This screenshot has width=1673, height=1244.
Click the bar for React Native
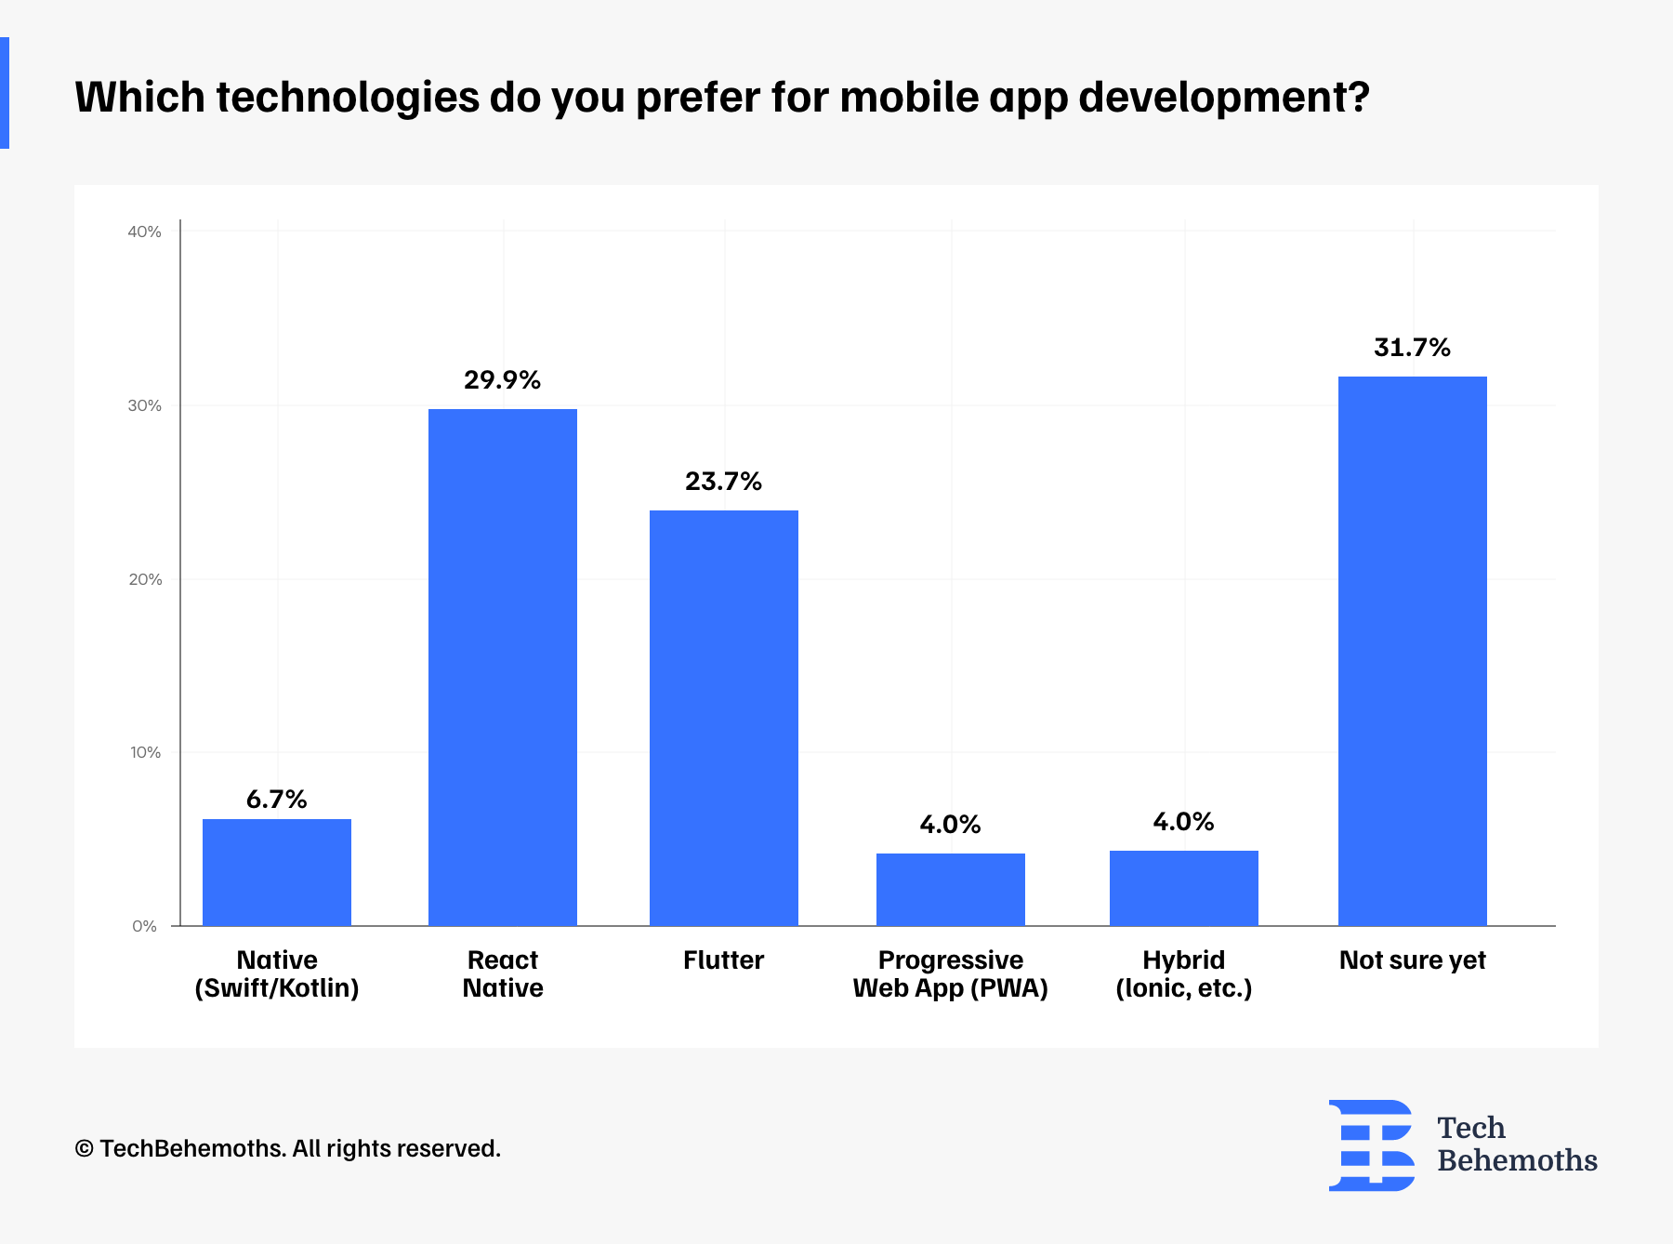click(x=502, y=667)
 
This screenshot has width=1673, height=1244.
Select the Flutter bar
click(x=723, y=718)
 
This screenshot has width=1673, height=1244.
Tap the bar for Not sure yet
click(x=1412, y=651)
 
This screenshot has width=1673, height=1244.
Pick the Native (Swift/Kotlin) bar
click(x=276, y=872)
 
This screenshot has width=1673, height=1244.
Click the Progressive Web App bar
click(x=950, y=889)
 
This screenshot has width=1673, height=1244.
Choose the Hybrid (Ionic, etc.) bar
click(x=1183, y=888)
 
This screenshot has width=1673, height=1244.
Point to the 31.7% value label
click(x=1412, y=348)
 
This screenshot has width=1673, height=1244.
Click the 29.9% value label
click(x=502, y=380)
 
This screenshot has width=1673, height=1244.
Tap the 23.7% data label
click(x=723, y=482)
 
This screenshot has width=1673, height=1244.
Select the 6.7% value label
click(x=276, y=800)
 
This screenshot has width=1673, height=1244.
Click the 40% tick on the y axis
click(x=144, y=232)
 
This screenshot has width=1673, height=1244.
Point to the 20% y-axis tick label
click(x=145, y=579)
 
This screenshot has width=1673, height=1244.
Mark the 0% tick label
click(x=144, y=926)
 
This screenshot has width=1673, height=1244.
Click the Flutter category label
click(x=723, y=960)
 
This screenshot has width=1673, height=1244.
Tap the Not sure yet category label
click(x=1412, y=960)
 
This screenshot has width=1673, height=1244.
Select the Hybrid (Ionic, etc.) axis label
click(x=1183, y=974)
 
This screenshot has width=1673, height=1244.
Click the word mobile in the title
click(x=909, y=97)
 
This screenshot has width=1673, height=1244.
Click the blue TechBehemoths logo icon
click(x=1371, y=1145)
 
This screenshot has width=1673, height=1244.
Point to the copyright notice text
click(x=287, y=1149)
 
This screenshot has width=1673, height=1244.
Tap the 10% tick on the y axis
click(x=145, y=752)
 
